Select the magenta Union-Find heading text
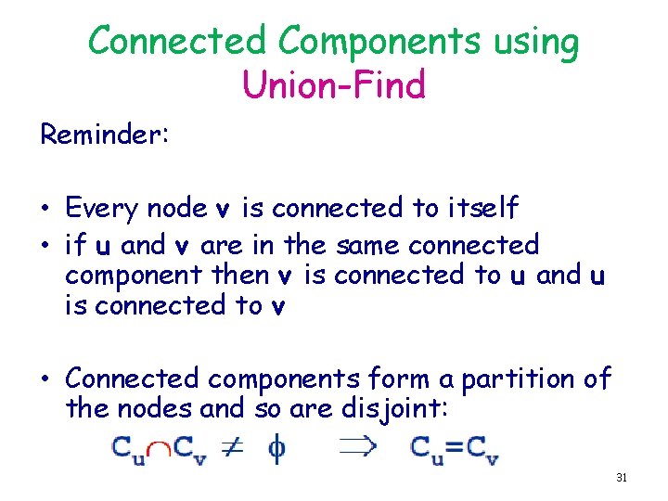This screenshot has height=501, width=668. (333, 85)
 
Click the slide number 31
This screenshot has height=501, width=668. (622, 478)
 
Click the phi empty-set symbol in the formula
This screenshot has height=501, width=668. (276, 449)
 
